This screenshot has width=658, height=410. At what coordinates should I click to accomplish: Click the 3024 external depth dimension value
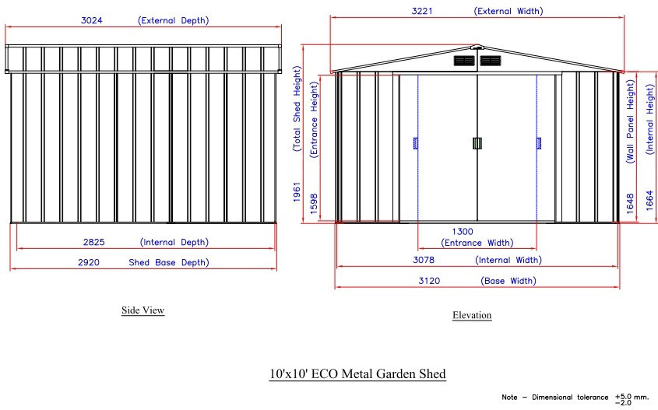coord(91,21)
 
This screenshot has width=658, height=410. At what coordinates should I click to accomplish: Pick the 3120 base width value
coord(429,281)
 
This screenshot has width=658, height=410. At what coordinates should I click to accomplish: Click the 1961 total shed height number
coord(297,192)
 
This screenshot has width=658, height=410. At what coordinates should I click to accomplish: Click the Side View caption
coord(143,310)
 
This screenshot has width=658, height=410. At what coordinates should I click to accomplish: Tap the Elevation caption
coord(472,315)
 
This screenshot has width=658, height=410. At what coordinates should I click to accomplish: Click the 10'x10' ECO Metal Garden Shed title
coord(357,374)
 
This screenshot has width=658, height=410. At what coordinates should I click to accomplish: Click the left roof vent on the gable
coord(465,60)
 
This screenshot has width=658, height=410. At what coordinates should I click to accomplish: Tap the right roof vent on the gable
coord(490,60)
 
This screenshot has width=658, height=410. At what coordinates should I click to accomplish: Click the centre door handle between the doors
coord(477,142)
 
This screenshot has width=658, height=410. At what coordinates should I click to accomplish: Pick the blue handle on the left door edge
coord(416,142)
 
